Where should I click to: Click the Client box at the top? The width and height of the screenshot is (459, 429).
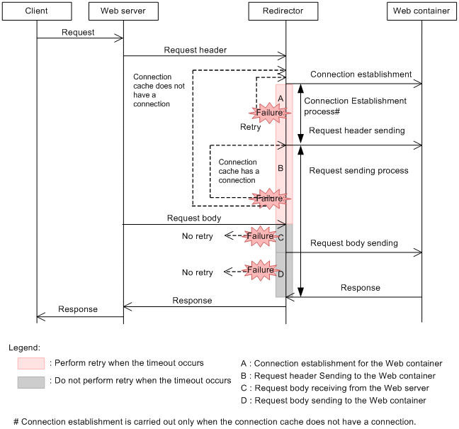click(36, 11)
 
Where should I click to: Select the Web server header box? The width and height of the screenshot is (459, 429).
click(123, 11)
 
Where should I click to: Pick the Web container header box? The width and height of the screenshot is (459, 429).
click(421, 11)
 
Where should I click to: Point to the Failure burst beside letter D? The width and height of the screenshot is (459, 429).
click(261, 269)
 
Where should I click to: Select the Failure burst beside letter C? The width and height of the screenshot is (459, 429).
click(260, 235)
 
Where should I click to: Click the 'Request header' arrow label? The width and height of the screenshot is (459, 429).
click(195, 50)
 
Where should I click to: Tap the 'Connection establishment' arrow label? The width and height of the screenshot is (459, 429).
click(361, 74)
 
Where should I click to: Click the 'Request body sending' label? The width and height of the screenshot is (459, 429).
click(353, 243)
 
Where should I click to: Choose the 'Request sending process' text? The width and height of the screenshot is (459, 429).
click(358, 171)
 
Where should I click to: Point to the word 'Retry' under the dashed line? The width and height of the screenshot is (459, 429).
click(250, 127)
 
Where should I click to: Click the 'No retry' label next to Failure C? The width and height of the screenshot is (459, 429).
click(197, 236)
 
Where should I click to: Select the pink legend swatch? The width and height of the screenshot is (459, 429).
click(31, 363)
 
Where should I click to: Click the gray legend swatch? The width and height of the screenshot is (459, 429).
click(31, 381)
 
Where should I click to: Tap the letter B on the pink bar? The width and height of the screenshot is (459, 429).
click(280, 168)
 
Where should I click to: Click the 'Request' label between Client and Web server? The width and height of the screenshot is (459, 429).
click(78, 33)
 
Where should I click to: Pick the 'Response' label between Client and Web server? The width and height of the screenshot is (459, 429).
click(78, 309)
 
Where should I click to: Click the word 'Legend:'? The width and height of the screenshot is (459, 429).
click(25, 348)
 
